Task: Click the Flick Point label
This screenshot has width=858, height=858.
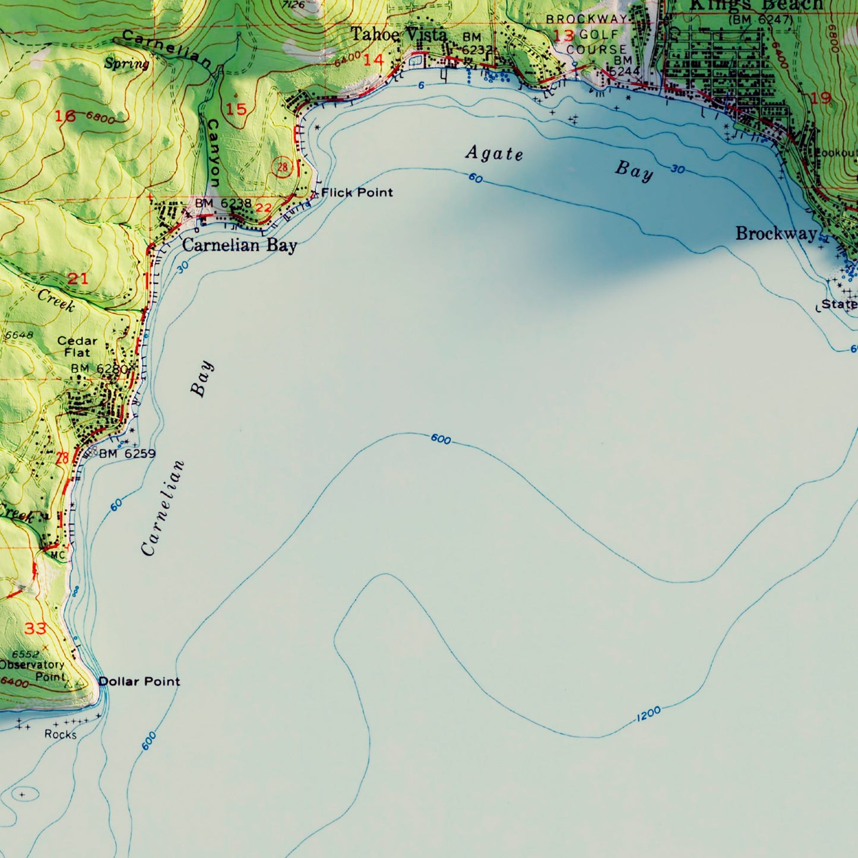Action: (357, 192)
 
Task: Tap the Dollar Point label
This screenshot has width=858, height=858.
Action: (139, 681)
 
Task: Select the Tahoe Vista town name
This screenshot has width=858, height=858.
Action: (398, 34)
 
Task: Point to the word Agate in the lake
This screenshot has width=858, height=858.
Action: (494, 153)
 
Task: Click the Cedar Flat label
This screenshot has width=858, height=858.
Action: (77, 346)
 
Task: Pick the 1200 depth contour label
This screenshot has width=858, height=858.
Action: (648, 714)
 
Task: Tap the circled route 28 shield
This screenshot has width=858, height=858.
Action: (283, 167)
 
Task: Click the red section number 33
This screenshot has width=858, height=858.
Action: (35, 628)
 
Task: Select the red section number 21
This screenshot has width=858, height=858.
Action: (78, 278)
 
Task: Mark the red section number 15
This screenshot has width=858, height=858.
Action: (236, 109)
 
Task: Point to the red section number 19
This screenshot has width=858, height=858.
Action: (821, 98)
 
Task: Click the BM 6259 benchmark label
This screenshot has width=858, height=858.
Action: (127, 454)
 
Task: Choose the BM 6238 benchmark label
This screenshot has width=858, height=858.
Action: (223, 203)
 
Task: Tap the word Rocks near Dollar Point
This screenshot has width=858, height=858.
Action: (61, 734)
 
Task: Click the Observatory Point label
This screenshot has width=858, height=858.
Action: (33, 670)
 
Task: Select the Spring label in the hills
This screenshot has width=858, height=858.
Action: (126, 64)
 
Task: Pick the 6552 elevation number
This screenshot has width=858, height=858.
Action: (25, 654)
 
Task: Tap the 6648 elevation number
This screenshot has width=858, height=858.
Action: (19, 335)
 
